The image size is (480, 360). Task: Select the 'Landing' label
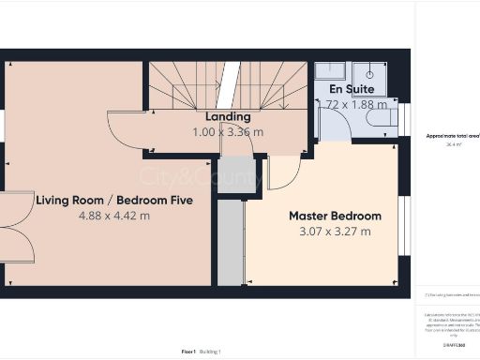228,116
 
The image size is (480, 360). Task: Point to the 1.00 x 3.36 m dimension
228,132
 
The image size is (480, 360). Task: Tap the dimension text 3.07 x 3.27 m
335,232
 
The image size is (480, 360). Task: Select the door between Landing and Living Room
127,130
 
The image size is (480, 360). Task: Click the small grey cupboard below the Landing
238,174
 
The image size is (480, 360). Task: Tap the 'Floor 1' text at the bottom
188,351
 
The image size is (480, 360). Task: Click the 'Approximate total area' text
453,136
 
